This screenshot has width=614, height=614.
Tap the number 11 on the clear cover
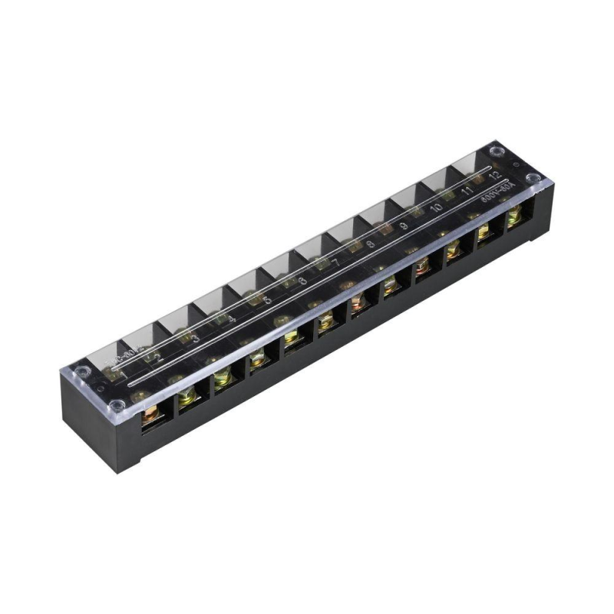[467, 191]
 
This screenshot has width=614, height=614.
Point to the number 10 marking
[435, 208]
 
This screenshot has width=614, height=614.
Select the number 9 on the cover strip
[404, 226]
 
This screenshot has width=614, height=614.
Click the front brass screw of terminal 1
[149, 415]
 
